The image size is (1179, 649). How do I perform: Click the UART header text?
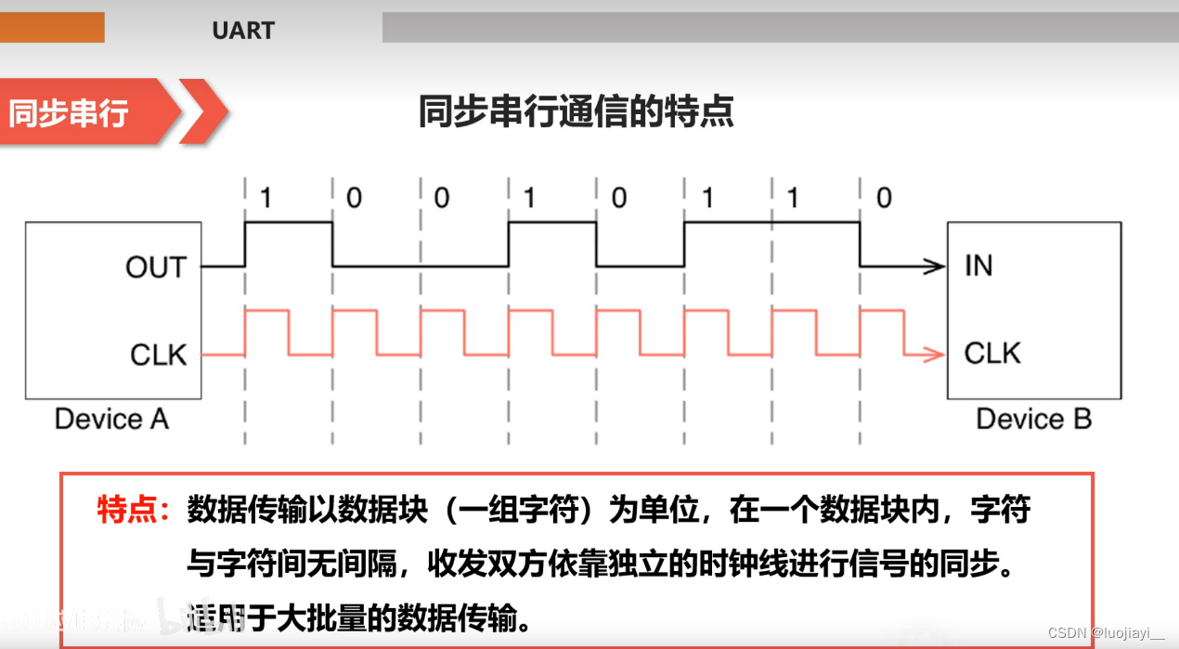tap(243, 30)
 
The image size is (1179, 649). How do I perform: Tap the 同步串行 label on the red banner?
tap(68, 112)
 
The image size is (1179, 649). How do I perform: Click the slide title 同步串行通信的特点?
tap(576, 111)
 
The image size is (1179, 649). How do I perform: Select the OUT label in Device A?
tap(156, 267)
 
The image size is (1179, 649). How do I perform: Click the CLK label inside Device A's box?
tap(158, 355)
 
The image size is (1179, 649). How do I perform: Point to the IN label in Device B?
tap(978, 266)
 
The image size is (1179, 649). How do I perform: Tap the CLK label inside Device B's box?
tap(992, 354)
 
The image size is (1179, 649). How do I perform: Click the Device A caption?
tap(111, 419)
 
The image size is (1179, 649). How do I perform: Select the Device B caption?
tap(1033, 419)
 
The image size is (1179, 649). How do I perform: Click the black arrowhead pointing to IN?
tap(935, 267)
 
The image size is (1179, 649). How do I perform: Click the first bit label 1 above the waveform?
tap(266, 198)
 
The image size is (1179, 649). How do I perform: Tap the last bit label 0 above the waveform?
tap(883, 198)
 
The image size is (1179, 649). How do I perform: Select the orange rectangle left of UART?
tap(52, 27)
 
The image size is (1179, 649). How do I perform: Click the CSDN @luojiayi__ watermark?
tap(1105, 632)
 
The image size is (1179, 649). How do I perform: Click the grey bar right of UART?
tap(780, 27)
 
